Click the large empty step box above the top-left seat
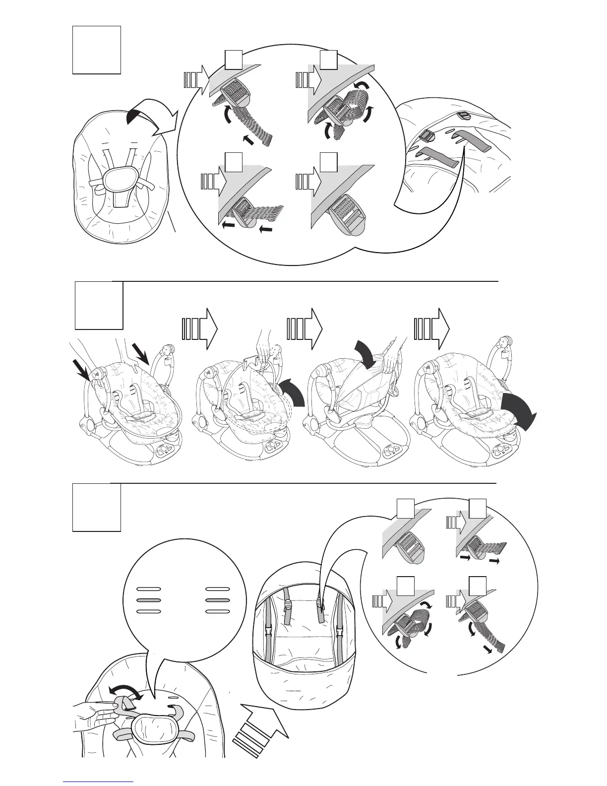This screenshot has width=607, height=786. click(x=97, y=50)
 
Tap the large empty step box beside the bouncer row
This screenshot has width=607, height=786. click(x=99, y=306)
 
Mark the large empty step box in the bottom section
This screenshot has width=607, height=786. click(x=97, y=508)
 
